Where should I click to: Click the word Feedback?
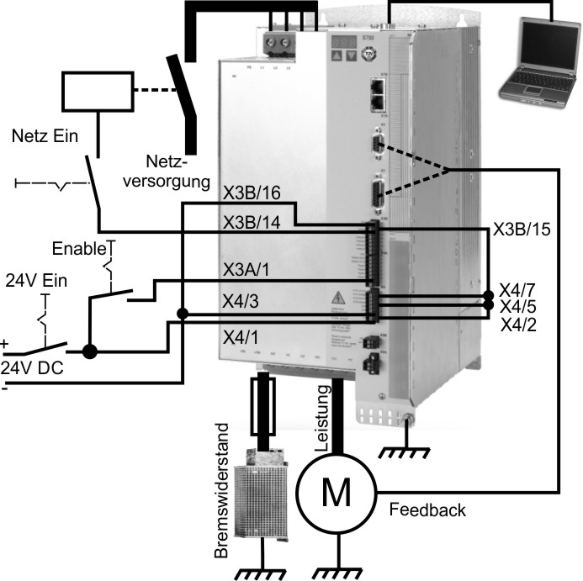tap(427, 510)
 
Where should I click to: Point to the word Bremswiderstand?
tap(222, 502)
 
